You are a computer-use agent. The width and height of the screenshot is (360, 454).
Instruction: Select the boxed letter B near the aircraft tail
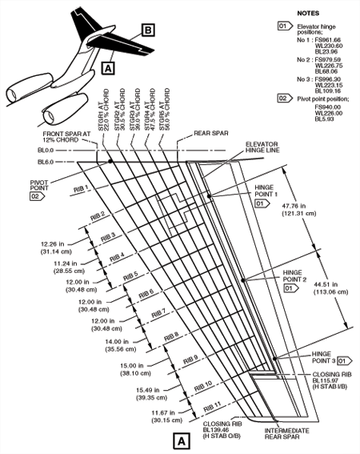coord(149,30)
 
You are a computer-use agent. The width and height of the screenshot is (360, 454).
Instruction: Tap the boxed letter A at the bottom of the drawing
coord(181,440)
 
